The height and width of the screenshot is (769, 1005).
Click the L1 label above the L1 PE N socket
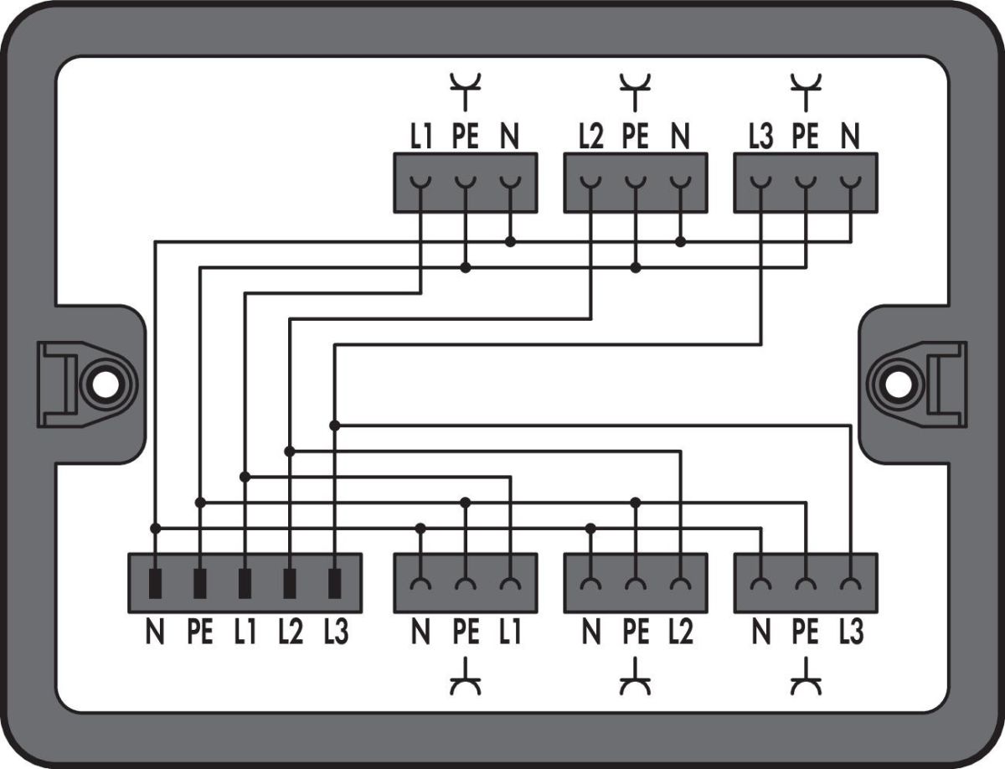[x=420, y=137]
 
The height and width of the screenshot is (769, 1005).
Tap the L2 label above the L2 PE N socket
[x=590, y=137]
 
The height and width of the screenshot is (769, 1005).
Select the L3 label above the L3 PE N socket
[x=760, y=137]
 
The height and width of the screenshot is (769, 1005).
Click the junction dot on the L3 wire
[x=335, y=426]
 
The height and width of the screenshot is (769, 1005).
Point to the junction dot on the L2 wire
[x=290, y=452]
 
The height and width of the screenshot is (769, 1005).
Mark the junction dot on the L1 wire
[x=245, y=477]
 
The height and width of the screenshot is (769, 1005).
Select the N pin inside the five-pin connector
[x=155, y=583]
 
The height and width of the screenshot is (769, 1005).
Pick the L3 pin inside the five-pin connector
[x=335, y=583]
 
